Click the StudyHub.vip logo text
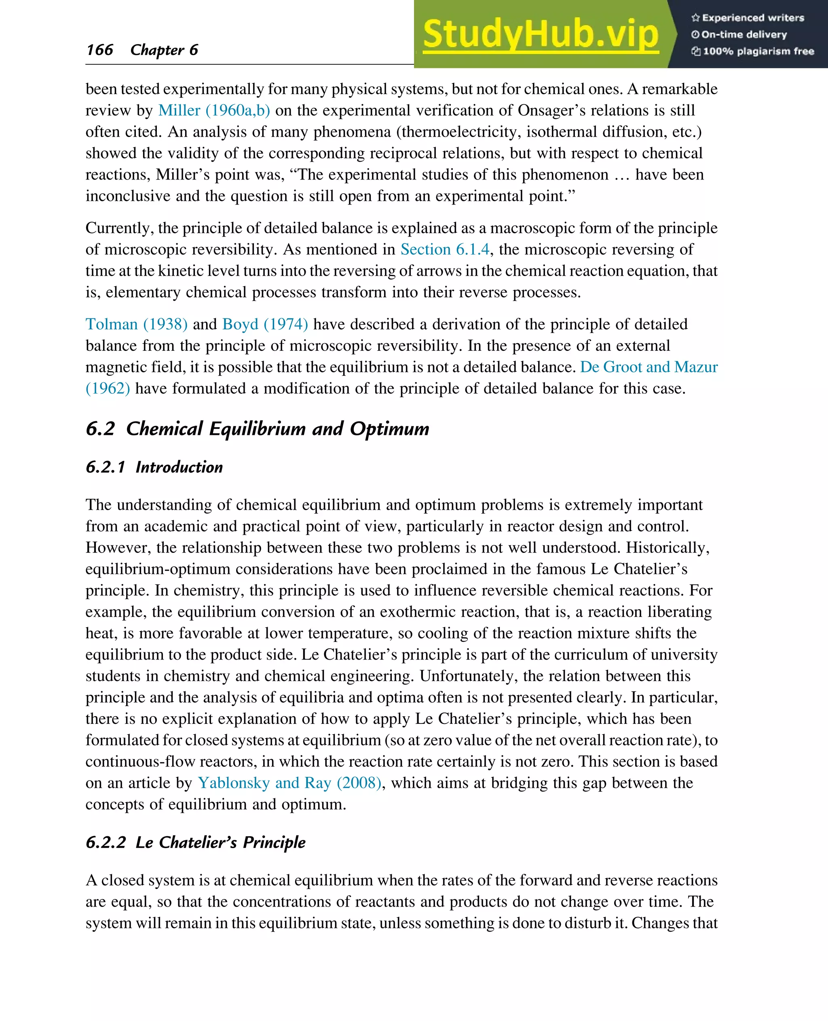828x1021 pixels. pos(541,34)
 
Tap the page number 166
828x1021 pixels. pos(100,50)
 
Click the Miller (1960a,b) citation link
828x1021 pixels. pos(214,110)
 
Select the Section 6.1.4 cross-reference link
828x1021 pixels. pos(445,249)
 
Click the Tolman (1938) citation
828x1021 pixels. pos(136,324)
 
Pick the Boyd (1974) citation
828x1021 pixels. pos(265,324)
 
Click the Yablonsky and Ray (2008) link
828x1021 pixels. pos(289,783)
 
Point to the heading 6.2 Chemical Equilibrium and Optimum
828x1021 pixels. pos(258,429)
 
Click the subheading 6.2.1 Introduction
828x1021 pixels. pos(154,467)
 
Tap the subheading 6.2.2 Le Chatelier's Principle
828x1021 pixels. pos(196,842)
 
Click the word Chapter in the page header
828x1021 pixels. pos(157,50)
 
